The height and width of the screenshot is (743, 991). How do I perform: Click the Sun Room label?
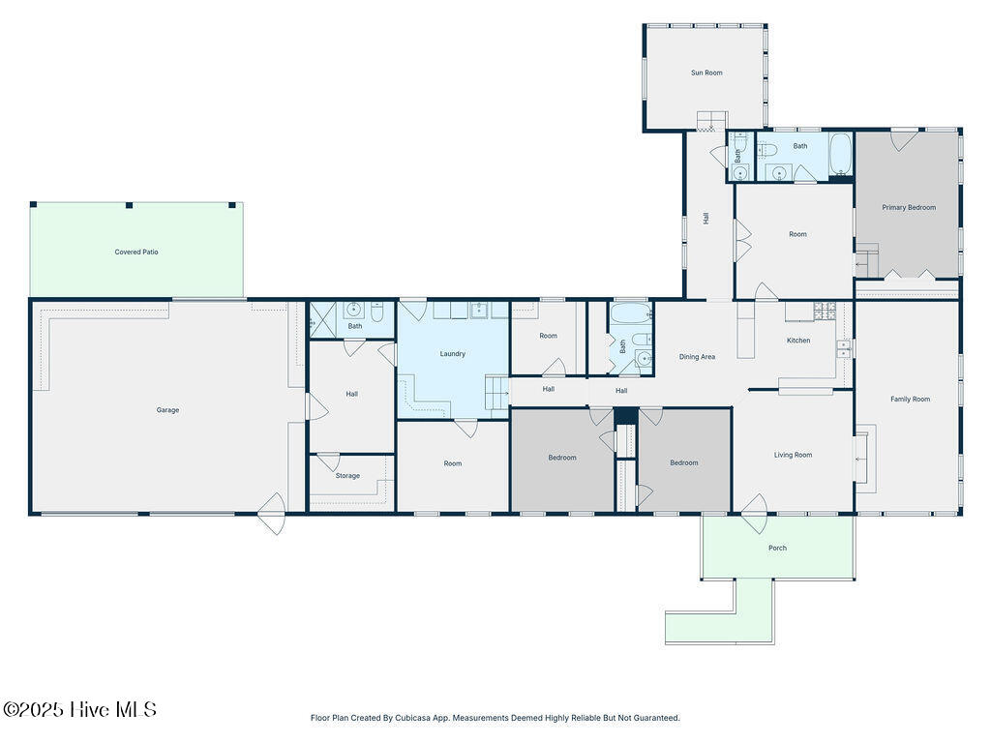pyautogui.click(x=706, y=73)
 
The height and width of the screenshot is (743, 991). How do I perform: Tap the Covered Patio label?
pyautogui.click(x=136, y=253)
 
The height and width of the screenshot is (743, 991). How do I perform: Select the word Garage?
pyautogui.click(x=167, y=410)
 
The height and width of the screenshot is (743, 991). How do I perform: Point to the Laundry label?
pyautogui.click(x=453, y=354)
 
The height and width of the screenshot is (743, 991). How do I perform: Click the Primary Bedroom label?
pyautogui.click(x=909, y=207)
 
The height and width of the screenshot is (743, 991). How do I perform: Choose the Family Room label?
pyautogui.click(x=910, y=400)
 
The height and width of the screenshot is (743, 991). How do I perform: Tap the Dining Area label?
pyautogui.click(x=697, y=357)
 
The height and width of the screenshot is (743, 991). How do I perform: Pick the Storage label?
pyautogui.click(x=347, y=476)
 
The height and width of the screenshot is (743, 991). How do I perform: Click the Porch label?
pyautogui.click(x=777, y=549)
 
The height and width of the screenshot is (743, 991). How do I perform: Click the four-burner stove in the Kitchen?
pyautogui.click(x=824, y=311)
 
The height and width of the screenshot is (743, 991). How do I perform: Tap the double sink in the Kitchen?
pyautogui.click(x=843, y=348)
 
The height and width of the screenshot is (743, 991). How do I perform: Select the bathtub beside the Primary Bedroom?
pyautogui.click(x=841, y=154)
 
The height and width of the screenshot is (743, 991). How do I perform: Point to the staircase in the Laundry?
pyautogui.click(x=496, y=393)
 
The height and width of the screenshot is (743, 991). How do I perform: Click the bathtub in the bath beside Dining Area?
pyautogui.click(x=630, y=312)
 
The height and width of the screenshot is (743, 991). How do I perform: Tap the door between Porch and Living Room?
pyautogui.click(x=753, y=505)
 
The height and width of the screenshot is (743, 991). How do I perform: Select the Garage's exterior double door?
pyautogui.click(x=272, y=514)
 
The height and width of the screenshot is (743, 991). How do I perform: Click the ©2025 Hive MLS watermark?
pyautogui.click(x=79, y=709)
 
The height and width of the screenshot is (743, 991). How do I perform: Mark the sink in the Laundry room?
pyautogui.click(x=479, y=310)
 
